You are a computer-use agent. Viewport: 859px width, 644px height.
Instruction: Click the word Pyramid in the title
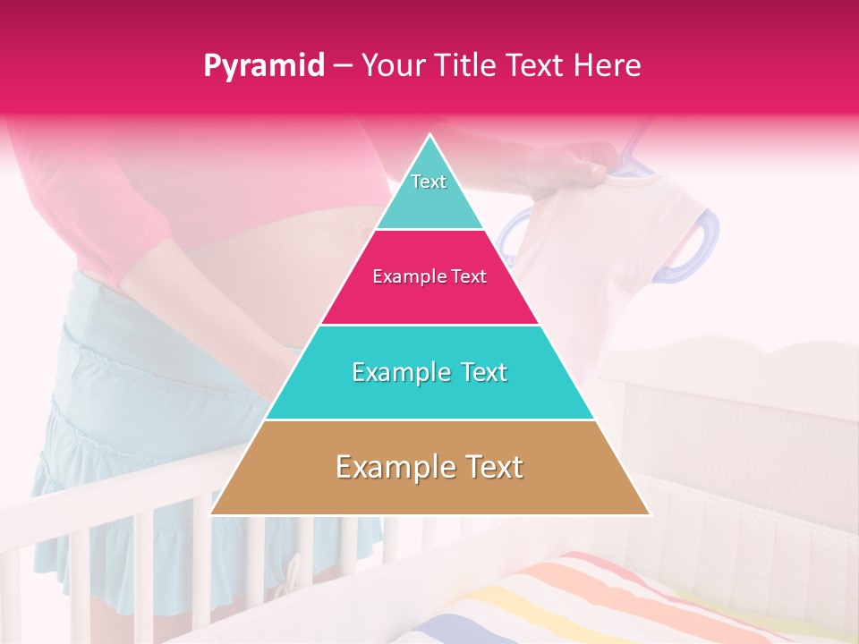click(x=263, y=65)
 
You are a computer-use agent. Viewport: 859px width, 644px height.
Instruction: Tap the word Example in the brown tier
click(x=390, y=468)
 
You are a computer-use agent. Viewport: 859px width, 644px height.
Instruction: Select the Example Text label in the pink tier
click(x=429, y=277)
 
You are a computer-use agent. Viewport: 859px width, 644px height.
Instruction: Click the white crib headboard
click(x=734, y=402)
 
